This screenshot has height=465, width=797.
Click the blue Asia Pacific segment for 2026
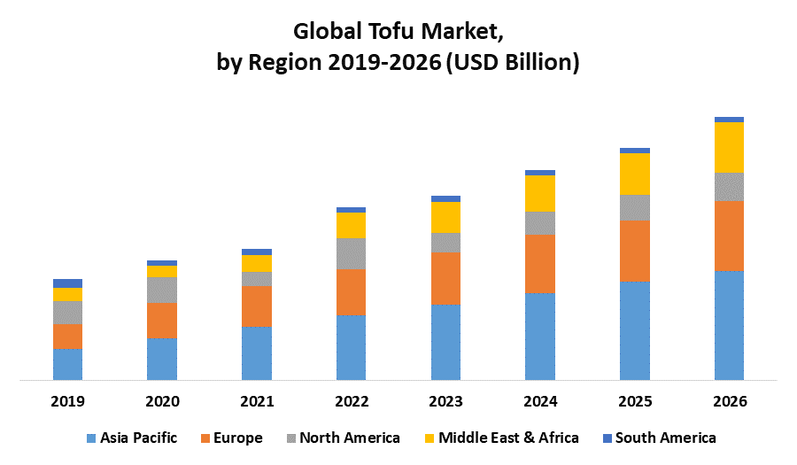click(x=729, y=325)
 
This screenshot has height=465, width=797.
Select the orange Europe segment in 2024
click(x=540, y=264)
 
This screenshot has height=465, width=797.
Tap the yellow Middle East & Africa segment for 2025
click(x=635, y=174)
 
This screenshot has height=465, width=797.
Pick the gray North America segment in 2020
click(x=162, y=290)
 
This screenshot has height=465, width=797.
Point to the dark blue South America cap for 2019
click(x=67, y=283)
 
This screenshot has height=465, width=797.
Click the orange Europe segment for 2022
click(x=352, y=291)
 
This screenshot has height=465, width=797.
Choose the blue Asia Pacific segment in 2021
click(x=257, y=353)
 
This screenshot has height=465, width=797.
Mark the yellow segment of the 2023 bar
click(x=445, y=217)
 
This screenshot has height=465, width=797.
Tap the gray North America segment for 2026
click(x=729, y=187)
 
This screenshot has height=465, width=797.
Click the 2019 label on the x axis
click(x=67, y=401)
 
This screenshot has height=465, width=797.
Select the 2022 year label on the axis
click(x=352, y=401)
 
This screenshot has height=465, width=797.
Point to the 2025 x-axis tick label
click(x=635, y=401)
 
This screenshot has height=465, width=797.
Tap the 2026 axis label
click(x=729, y=401)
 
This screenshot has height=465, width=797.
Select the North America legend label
click(x=350, y=438)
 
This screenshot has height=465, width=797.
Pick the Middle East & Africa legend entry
click(x=508, y=438)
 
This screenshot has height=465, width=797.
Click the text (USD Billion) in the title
click(x=511, y=63)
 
